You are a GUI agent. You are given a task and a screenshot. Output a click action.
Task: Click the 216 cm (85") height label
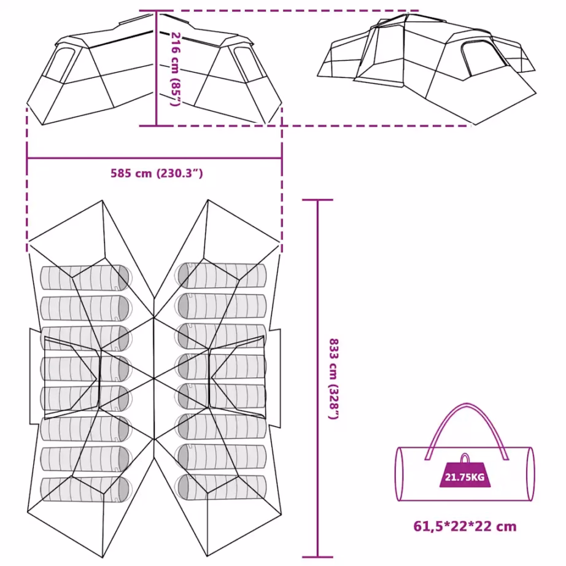175,69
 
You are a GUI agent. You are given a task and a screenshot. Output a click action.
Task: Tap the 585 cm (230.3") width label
157,173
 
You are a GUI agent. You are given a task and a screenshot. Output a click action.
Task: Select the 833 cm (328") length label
333,379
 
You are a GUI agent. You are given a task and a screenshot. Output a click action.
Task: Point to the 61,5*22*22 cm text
465,526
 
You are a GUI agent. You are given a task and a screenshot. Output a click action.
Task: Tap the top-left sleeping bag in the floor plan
85,277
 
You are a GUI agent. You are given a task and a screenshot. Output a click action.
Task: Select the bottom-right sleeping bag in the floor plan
221,487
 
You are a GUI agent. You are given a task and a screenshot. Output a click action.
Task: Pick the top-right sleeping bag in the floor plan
221,276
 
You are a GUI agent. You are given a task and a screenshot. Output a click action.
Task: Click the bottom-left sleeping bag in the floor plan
85,489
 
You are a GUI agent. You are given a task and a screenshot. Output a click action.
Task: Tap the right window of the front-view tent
249,65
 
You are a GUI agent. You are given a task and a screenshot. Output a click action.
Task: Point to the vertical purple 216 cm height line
157,68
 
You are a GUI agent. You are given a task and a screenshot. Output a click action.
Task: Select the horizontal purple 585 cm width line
155,158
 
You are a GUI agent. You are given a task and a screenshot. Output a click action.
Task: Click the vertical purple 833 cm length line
317,379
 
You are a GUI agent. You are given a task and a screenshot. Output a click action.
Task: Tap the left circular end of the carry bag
400,474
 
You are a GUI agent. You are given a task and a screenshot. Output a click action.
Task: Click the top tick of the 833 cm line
317,200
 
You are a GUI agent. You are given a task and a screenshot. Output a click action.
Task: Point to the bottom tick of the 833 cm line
317,557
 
